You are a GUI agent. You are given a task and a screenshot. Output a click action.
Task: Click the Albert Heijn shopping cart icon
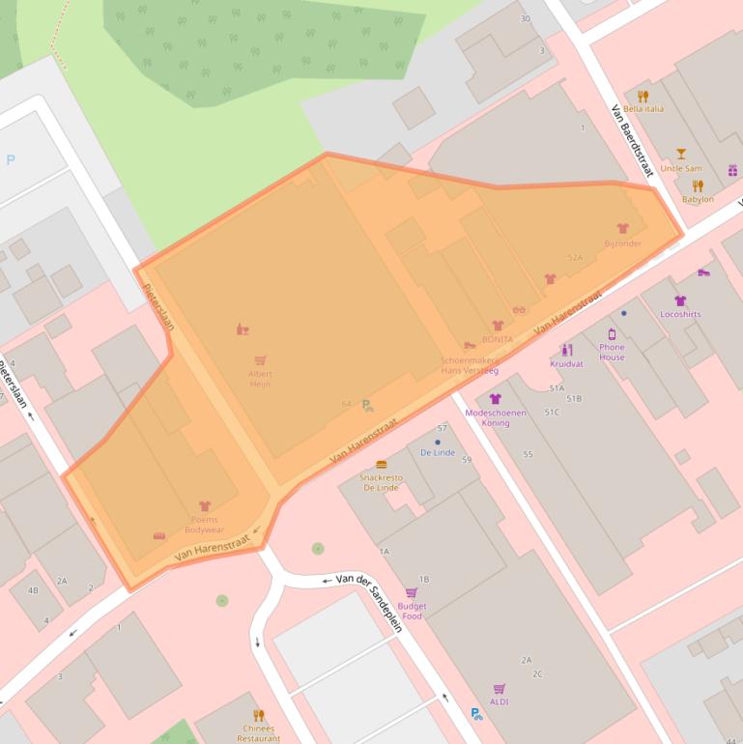260,360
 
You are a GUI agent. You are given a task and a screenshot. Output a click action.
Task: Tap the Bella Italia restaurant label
643,108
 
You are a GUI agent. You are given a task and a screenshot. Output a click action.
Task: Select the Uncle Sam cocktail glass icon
681,154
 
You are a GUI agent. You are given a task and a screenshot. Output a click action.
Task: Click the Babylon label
698,199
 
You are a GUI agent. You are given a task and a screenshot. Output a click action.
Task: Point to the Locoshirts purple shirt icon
680,300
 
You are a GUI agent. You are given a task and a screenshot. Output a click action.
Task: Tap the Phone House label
612,352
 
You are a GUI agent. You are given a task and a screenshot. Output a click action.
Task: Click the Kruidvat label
566,364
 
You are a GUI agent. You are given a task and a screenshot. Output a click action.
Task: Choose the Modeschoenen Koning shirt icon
496,398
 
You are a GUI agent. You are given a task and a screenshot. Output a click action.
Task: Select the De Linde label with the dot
438,452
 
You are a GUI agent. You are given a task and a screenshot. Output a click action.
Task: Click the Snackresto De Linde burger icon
381,465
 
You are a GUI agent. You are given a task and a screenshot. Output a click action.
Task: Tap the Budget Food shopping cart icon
412,593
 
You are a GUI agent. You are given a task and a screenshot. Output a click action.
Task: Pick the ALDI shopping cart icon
500,689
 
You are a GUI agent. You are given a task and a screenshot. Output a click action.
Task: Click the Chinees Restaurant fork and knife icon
258,715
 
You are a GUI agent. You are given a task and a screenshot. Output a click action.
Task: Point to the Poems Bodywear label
205,525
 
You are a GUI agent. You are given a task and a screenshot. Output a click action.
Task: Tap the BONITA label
498,340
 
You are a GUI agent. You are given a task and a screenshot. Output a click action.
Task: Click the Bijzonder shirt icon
623,229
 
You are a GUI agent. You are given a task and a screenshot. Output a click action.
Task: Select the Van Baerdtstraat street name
633,141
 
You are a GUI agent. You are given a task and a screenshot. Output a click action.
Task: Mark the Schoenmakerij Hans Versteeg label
470,364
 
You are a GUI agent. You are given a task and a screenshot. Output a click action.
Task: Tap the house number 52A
576,258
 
